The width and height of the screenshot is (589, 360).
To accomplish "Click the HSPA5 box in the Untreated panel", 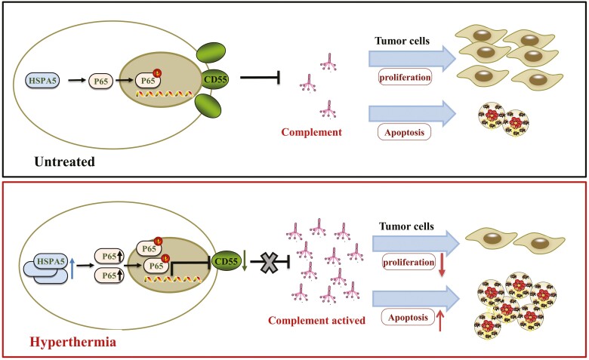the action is coord(42,80).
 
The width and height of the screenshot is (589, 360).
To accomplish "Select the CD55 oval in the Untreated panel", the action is coord(216,79).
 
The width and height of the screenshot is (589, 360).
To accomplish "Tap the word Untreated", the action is coord(65,162).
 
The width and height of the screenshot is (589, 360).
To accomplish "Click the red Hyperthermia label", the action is coord(73,342).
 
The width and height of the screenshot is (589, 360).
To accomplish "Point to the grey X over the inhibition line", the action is coord(270,263).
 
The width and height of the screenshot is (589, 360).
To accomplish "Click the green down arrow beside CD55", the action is coord(244,261).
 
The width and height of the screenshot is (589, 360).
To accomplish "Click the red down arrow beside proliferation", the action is coord(442,266).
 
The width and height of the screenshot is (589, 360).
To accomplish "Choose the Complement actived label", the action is coord(316,320).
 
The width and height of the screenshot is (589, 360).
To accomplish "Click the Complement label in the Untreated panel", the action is coord(311,132).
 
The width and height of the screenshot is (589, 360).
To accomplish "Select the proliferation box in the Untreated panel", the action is coord(405,77).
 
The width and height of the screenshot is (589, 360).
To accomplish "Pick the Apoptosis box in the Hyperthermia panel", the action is coord(409,318).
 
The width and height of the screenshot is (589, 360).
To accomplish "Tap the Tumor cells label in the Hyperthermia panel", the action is coord(406,226).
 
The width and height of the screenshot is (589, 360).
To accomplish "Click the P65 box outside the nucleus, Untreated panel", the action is coord(100,80).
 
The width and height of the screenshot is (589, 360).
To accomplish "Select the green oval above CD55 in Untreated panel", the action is coord(211,53).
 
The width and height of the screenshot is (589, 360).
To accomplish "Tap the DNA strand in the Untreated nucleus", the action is coord(165,94).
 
